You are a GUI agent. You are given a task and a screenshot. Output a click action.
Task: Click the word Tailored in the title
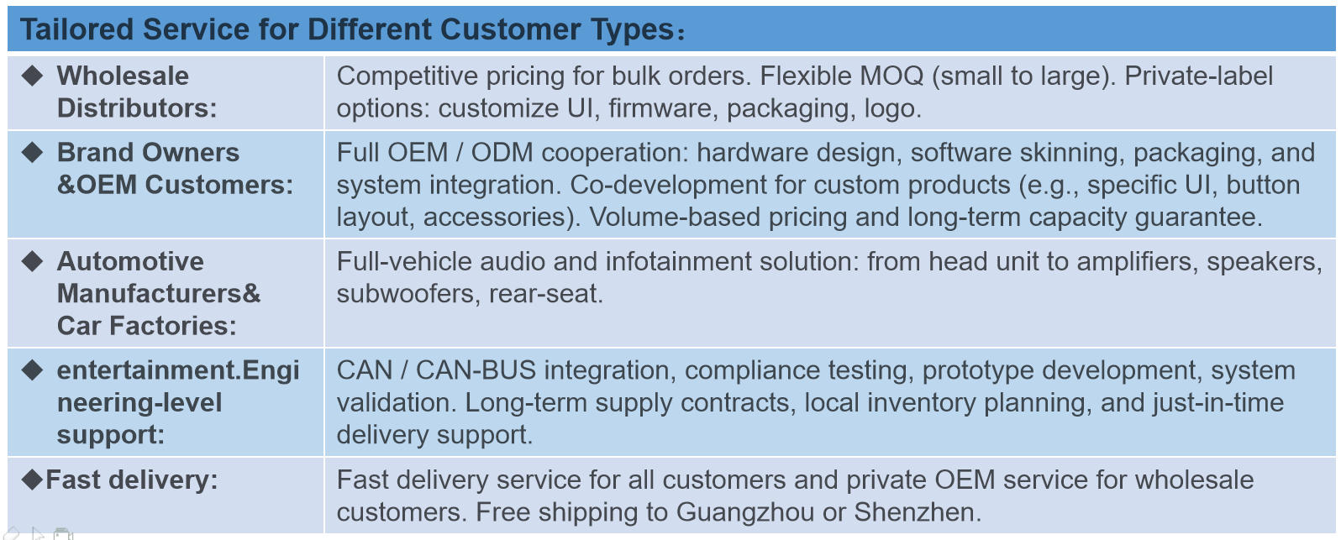point(76,29)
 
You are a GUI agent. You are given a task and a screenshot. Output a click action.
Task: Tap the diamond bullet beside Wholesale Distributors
point(32,76)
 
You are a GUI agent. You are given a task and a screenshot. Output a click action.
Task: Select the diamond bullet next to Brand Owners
point(32,152)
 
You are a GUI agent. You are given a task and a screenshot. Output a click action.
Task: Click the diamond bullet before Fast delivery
point(32,480)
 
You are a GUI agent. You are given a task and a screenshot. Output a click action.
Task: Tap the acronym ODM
point(502,153)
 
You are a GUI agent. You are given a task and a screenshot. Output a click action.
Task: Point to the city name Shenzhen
point(918,512)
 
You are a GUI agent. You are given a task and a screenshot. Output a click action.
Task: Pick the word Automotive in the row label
point(130,262)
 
